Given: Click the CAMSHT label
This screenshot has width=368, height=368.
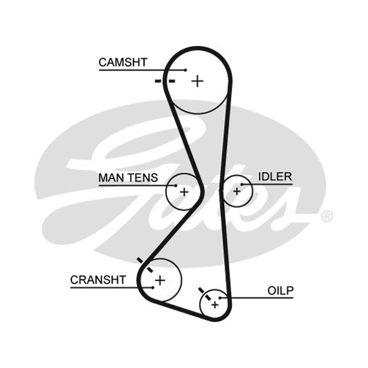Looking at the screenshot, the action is (123, 63).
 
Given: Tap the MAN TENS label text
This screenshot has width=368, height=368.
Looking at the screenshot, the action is (128, 178).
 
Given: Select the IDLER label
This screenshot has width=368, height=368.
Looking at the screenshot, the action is (275, 177).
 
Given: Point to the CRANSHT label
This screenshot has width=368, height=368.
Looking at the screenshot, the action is (98, 280).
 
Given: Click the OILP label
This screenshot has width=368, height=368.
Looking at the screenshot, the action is (281, 291).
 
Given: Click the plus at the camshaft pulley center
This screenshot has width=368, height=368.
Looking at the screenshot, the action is (197, 81).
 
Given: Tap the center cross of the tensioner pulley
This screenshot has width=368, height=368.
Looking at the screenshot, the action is (184, 192).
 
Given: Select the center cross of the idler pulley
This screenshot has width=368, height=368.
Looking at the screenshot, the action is (237, 191).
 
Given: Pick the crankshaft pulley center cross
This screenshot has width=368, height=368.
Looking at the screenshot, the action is (160, 280).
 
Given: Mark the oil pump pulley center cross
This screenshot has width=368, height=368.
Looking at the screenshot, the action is (215, 305).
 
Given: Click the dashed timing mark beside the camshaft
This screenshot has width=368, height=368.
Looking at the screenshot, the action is (165, 81).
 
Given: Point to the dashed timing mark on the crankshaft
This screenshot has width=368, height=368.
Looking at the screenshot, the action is (145, 265).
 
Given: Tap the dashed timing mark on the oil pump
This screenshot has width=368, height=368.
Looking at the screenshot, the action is (205, 293).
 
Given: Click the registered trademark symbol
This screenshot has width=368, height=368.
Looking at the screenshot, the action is (327, 216).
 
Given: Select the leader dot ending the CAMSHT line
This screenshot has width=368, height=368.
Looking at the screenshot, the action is (186, 70).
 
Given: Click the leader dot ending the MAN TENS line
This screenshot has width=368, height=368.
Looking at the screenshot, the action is (176, 185).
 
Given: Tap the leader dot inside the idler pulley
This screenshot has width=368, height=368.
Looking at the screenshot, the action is (242, 184).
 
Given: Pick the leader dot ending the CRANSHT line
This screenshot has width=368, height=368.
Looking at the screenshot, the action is (153, 287).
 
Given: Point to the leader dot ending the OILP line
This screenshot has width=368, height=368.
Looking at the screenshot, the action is (220, 298).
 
